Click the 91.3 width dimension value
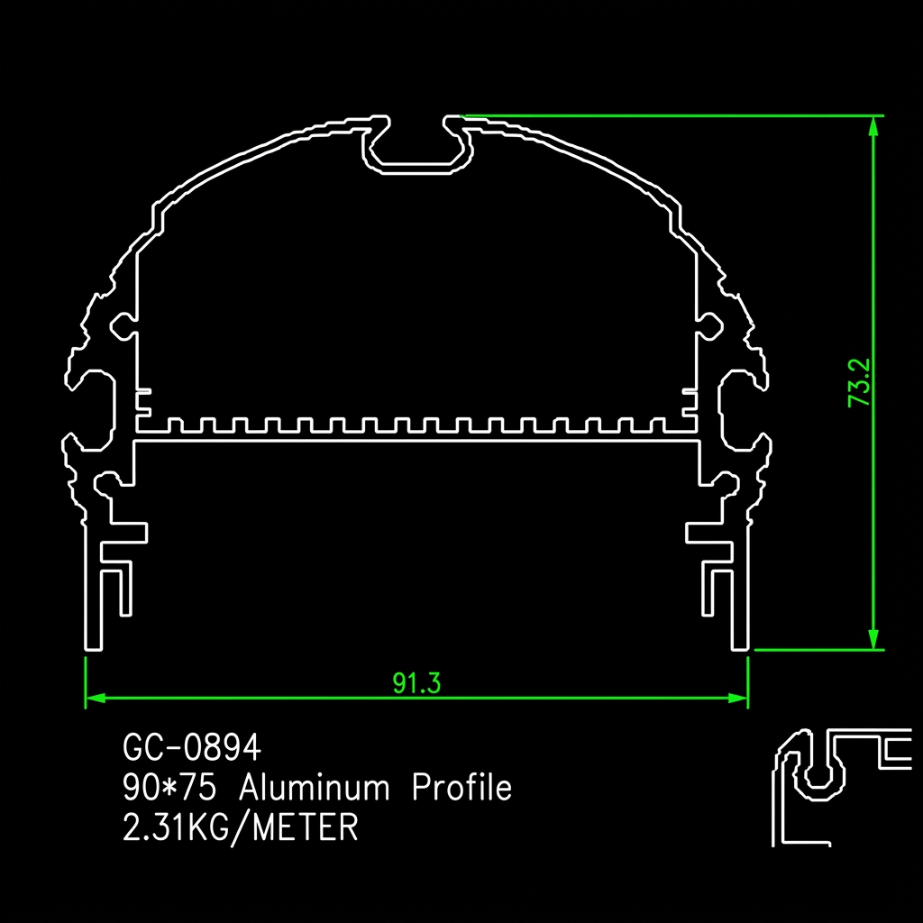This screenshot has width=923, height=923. click(x=416, y=683)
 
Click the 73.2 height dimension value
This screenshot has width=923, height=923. click(x=859, y=382)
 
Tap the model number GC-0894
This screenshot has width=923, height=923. click(x=192, y=748)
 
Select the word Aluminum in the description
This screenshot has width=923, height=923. click(x=314, y=787)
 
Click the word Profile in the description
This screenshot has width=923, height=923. click(x=462, y=787)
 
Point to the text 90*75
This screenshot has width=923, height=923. click(x=169, y=787)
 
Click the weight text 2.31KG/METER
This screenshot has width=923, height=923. click(x=240, y=827)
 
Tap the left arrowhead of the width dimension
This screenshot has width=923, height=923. click(x=96, y=699)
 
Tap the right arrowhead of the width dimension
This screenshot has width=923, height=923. click(x=738, y=699)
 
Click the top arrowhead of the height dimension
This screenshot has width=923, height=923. click(x=873, y=126)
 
